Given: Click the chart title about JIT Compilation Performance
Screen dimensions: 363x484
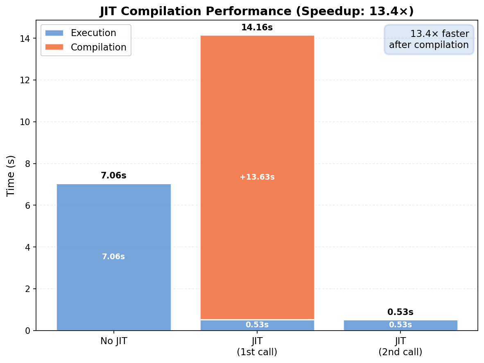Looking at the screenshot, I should [x=257, y=11].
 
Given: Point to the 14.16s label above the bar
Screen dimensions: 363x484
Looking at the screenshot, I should [x=257, y=28].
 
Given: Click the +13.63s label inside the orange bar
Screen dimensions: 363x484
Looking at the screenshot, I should [x=257, y=177].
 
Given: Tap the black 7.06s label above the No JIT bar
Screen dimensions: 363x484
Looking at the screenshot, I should [x=113, y=176].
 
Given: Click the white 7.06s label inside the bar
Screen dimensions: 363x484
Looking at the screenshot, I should [x=113, y=257].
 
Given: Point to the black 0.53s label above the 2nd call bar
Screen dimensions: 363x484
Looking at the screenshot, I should [x=400, y=313].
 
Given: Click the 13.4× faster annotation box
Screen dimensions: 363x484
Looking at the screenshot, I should [x=429, y=39].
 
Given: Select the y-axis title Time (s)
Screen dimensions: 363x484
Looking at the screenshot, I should [x=11, y=175].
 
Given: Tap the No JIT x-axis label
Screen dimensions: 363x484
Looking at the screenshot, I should [x=113, y=341].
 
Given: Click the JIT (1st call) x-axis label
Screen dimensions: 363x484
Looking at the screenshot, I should [x=257, y=347].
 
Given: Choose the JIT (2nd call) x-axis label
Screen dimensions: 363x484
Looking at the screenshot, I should [x=400, y=347].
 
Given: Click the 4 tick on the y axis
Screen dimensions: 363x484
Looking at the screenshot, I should [x=28, y=247].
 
